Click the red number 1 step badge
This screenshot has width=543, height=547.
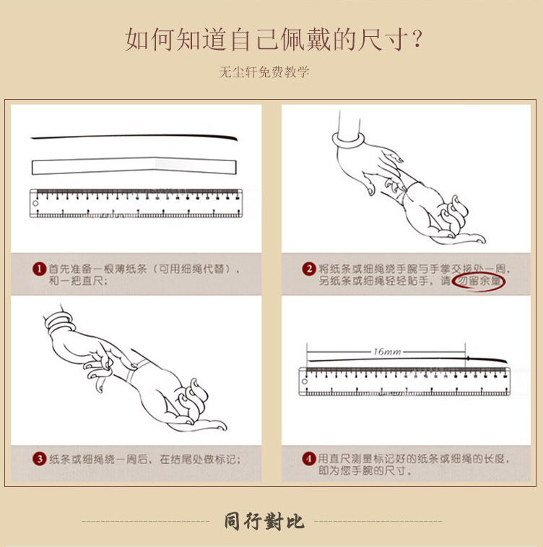[40, 269]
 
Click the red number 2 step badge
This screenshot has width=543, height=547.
[309, 269]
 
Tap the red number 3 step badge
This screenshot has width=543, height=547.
[40, 459]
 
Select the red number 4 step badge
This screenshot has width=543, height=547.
[309, 459]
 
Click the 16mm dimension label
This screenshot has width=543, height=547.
[387, 351]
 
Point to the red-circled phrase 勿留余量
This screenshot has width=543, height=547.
[479, 281]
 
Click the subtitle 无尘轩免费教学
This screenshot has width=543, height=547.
[264, 72]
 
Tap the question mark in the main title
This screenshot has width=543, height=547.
[417, 39]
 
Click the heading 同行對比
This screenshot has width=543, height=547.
[264, 521]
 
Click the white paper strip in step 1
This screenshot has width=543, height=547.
[134, 165]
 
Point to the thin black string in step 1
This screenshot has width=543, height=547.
[134, 137]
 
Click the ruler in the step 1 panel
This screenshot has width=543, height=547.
[136, 203]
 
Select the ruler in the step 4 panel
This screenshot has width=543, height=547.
[404, 382]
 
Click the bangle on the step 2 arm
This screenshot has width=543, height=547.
[349, 140]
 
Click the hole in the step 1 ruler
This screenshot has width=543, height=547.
[35, 203]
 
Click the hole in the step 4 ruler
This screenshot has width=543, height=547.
[304, 382]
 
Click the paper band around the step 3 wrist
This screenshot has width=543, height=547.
[136, 371]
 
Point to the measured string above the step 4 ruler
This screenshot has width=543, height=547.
[407, 359]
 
